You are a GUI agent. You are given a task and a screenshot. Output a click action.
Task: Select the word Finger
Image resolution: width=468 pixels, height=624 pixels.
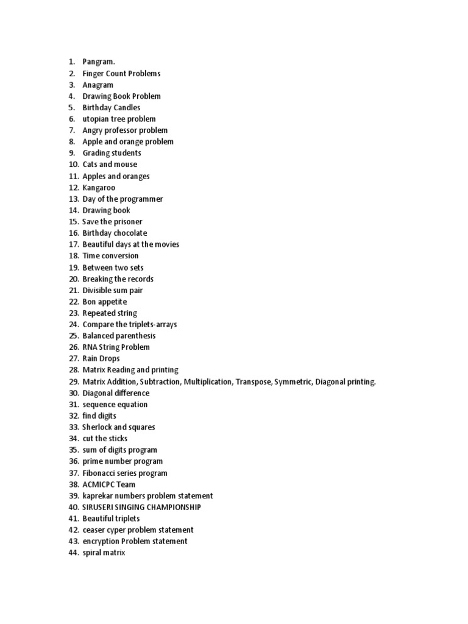click(x=94, y=73)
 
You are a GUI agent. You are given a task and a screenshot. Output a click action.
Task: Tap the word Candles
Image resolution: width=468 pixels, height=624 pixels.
click(x=126, y=107)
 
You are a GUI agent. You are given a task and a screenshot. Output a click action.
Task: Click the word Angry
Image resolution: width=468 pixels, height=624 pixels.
click(x=93, y=130)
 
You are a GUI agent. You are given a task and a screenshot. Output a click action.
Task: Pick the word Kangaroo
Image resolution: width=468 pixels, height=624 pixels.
click(x=99, y=187)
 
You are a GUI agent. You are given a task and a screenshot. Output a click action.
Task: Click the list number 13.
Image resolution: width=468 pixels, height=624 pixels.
click(x=73, y=199)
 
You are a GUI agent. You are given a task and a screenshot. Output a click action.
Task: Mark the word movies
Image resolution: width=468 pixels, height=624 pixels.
click(x=167, y=244)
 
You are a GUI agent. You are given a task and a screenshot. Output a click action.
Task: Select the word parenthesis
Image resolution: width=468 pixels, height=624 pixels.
click(x=136, y=336)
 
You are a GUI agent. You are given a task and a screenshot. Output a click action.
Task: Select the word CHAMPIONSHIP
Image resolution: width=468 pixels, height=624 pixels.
click(x=171, y=507)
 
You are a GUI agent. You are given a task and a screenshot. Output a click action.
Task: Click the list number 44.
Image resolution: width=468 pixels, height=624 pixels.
click(x=73, y=553)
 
